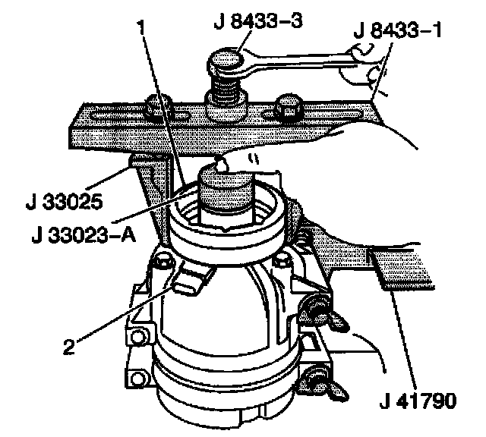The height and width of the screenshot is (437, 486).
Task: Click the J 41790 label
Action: [418, 400]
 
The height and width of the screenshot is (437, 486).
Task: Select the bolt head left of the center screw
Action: [157, 108]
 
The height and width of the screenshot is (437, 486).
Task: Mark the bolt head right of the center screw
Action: [291, 106]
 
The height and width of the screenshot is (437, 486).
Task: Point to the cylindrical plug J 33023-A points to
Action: [226, 196]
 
